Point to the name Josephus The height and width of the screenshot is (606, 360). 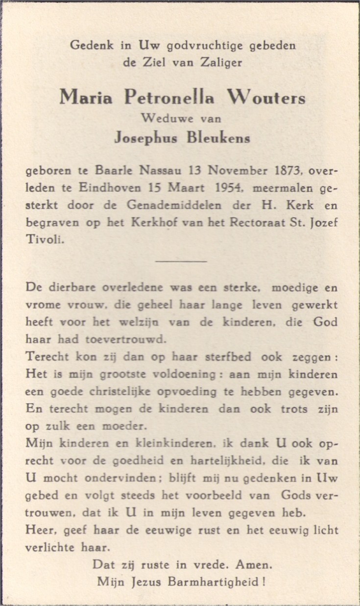coord(147,139)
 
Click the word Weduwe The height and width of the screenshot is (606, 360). coord(158,118)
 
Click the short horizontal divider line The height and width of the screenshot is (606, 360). coord(181,261)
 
